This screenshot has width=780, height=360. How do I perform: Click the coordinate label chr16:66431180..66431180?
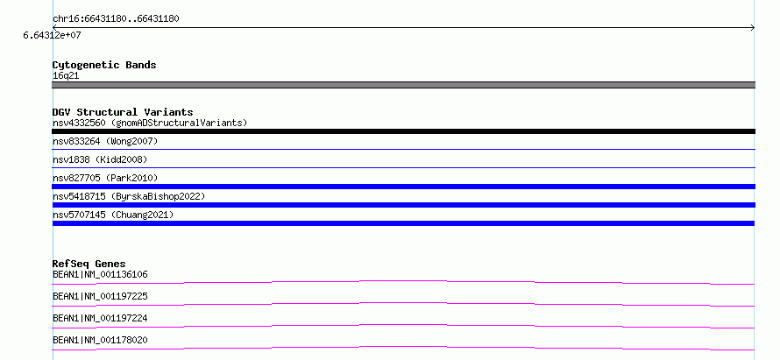click(116, 19)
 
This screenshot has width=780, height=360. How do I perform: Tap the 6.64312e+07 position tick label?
click(53, 35)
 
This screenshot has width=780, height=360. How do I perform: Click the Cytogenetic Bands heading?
click(104, 65)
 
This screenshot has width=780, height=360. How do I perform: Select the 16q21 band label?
click(66, 76)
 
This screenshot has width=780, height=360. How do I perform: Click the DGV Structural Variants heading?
click(123, 112)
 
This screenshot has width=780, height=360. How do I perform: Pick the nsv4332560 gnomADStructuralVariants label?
click(150, 123)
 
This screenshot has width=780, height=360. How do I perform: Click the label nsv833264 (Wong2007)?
click(105, 142)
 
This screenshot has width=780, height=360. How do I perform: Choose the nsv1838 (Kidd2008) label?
click(100, 159)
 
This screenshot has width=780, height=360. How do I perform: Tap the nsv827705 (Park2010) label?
click(105, 178)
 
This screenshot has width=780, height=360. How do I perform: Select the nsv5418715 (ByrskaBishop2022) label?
click(129, 196)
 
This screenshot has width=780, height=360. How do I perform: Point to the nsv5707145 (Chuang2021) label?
click(113, 215)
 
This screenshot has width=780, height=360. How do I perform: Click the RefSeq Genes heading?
click(89, 264)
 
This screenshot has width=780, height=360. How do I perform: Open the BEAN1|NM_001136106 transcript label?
click(100, 274)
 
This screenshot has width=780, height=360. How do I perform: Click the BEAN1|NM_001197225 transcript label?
click(100, 296)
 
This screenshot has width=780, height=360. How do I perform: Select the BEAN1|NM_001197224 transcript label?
click(100, 318)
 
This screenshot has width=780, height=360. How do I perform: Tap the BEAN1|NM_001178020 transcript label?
click(100, 340)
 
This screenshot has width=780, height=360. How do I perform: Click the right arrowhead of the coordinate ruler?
click(753, 28)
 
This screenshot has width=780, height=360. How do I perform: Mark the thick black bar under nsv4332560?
click(403, 131)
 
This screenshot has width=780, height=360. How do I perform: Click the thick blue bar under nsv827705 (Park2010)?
click(403, 187)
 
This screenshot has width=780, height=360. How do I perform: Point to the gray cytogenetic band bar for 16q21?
click(403, 85)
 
